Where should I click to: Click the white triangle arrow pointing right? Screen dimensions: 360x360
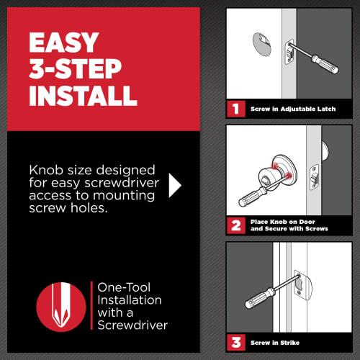(175, 185)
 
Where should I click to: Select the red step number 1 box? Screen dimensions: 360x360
(234, 109)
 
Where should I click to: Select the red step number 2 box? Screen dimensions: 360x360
(234, 224)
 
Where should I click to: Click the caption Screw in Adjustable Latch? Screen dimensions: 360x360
(292, 110)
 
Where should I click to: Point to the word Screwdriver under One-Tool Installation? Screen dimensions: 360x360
(132, 325)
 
